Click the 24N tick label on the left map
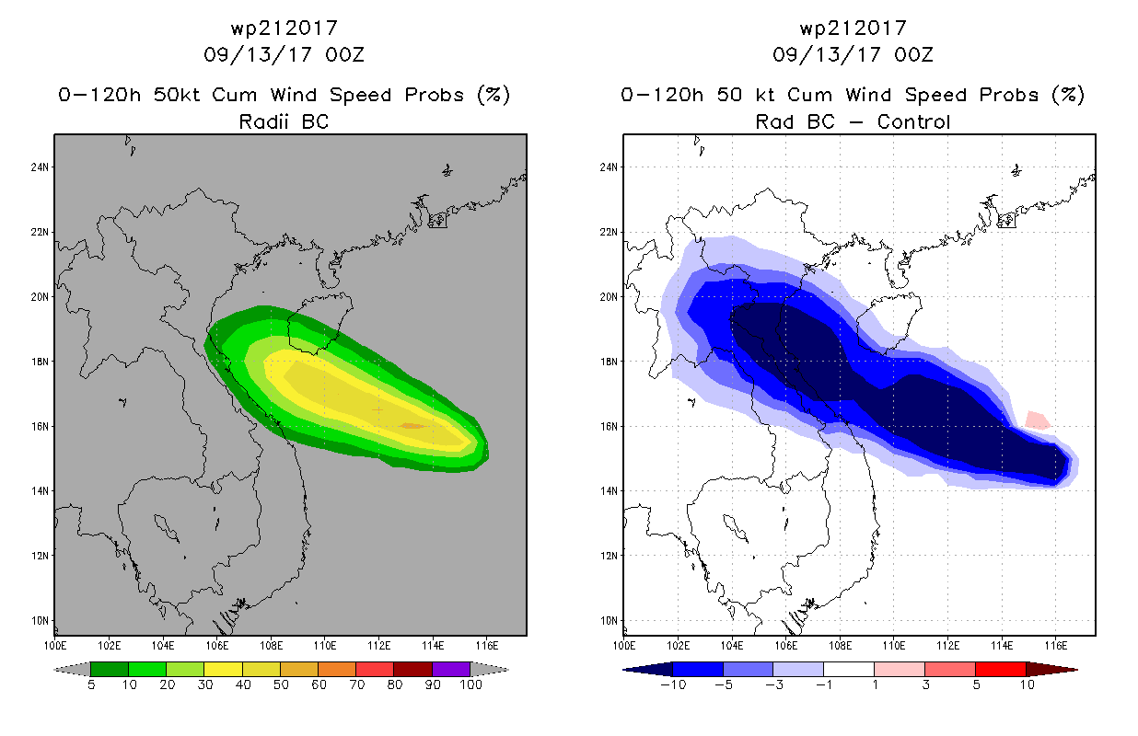pos(40,167)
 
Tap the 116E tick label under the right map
pos(1056,646)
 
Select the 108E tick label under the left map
pos(271,646)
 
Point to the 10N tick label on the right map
pos(609,621)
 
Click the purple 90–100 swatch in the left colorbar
pos(451,669)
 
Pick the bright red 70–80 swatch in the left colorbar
pos(375,669)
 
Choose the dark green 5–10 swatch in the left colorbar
pos(110,669)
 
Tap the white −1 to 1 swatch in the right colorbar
pos(849,669)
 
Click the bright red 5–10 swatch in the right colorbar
pos(1001,669)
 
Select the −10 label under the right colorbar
pos(673,684)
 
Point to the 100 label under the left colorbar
pos(471,684)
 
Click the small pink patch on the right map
pos(1038,420)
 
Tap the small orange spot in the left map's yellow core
pos(412,426)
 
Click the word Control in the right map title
pos(913,121)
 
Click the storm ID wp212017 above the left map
pos(284,28)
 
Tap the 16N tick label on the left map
pos(40,426)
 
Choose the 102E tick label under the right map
pos(678,646)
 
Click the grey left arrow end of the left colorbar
pos(72,670)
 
